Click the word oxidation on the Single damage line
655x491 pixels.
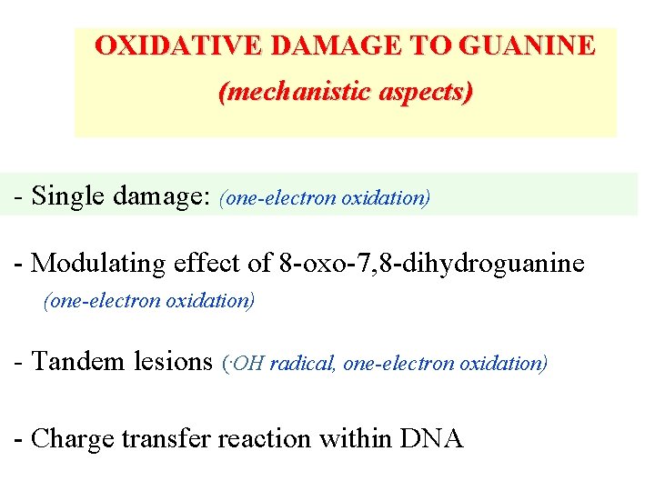click(385, 197)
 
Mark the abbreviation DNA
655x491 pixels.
click(431, 439)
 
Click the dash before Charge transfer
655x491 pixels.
click(20, 440)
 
